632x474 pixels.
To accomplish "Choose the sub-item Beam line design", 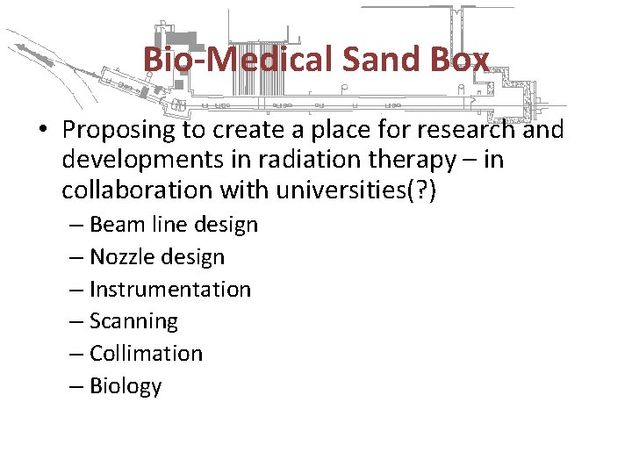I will coord(174,225).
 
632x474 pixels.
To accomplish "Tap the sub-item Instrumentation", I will coord(170,289).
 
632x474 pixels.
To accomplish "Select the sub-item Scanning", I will coord(133,322).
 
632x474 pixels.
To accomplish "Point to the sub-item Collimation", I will coord(146,354).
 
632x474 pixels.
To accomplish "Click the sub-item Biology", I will coord(126,386).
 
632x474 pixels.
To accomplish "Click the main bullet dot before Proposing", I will coord(42,132).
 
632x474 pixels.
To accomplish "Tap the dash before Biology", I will coord(77,386).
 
